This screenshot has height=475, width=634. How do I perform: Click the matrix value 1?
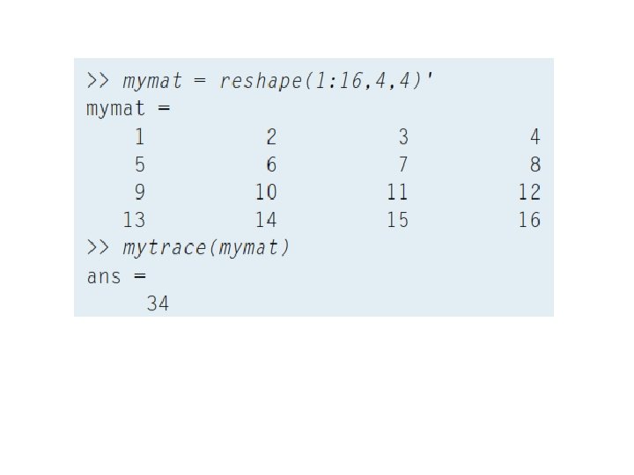pyautogui.click(x=139, y=136)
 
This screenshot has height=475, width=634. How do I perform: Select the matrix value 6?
pyautogui.click(x=271, y=164)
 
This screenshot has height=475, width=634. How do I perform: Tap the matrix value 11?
pyautogui.click(x=397, y=192)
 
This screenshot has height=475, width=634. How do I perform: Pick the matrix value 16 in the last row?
pyautogui.click(x=529, y=220)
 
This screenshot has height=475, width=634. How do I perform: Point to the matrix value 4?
pyautogui.click(x=535, y=136)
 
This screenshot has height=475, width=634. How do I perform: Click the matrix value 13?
pyautogui.click(x=134, y=220)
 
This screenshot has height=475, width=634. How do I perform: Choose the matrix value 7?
pyautogui.click(x=403, y=164)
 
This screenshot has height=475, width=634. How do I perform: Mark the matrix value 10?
pyautogui.click(x=265, y=192)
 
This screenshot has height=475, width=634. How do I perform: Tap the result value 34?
pyautogui.click(x=158, y=304)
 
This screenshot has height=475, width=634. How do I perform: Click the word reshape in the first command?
pyautogui.click(x=253, y=82)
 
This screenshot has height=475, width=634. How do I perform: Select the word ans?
pyautogui.click(x=103, y=276)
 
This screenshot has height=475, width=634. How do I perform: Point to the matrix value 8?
pyautogui.click(x=535, y=164)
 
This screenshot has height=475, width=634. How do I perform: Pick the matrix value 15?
pyautogui.click(x=397, y=220)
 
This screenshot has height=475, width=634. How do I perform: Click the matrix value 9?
pyautogui.click(x=139, y=192)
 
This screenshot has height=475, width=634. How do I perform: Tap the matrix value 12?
pyautogui.click(x=529, y=192)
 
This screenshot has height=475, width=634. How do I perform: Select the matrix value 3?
pyautogui.click(x=403, y=136)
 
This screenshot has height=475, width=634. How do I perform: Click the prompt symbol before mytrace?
pyautogui.click(x=98, y=248)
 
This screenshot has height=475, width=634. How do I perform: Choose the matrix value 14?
pyautogui.click(x=265, y=220)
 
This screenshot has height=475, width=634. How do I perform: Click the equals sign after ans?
pyautogui.click(x=140, y=276)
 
